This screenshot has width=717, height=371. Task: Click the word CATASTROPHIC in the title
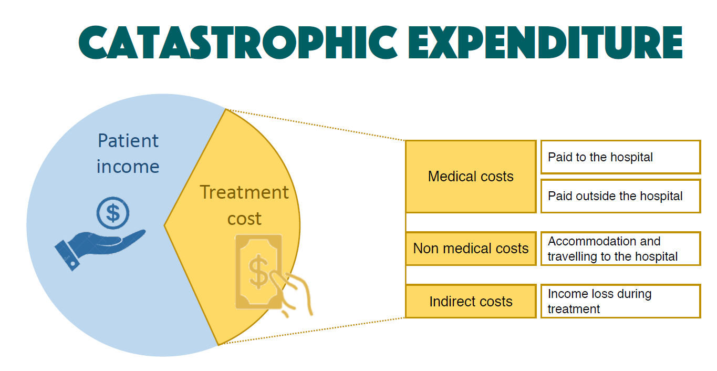click(x=238, y=43)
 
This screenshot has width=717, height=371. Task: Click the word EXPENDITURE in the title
click(x=545, y=43)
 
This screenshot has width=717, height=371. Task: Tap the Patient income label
click(x=128, y=153)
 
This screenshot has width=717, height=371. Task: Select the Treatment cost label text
click(x=244, y=205)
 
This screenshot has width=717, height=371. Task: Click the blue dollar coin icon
click(x=113, y=213)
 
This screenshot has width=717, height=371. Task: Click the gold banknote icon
click(x=258, y=272)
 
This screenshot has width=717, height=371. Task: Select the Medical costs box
click(x=471, y=177)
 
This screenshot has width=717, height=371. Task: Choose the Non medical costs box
click(x=471, y=249)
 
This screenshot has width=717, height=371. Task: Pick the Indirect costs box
click(x=471, y=301)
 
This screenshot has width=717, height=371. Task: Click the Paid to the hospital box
click(x=621, y=157)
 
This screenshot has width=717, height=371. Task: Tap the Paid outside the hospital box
click(x=621, y=196)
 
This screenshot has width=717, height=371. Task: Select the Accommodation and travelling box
click(x=621, y=249)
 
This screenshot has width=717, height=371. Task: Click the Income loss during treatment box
click(x=621, y=301)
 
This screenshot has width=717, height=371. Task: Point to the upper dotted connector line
click(x=315, y=125)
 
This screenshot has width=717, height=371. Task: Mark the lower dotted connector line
click(x=312, y=331)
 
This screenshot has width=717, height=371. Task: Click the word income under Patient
click(x=128, y=167)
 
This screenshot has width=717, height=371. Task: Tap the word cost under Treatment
click(x=244, y=219)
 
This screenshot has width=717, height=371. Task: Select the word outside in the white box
click(x=595, y=196)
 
